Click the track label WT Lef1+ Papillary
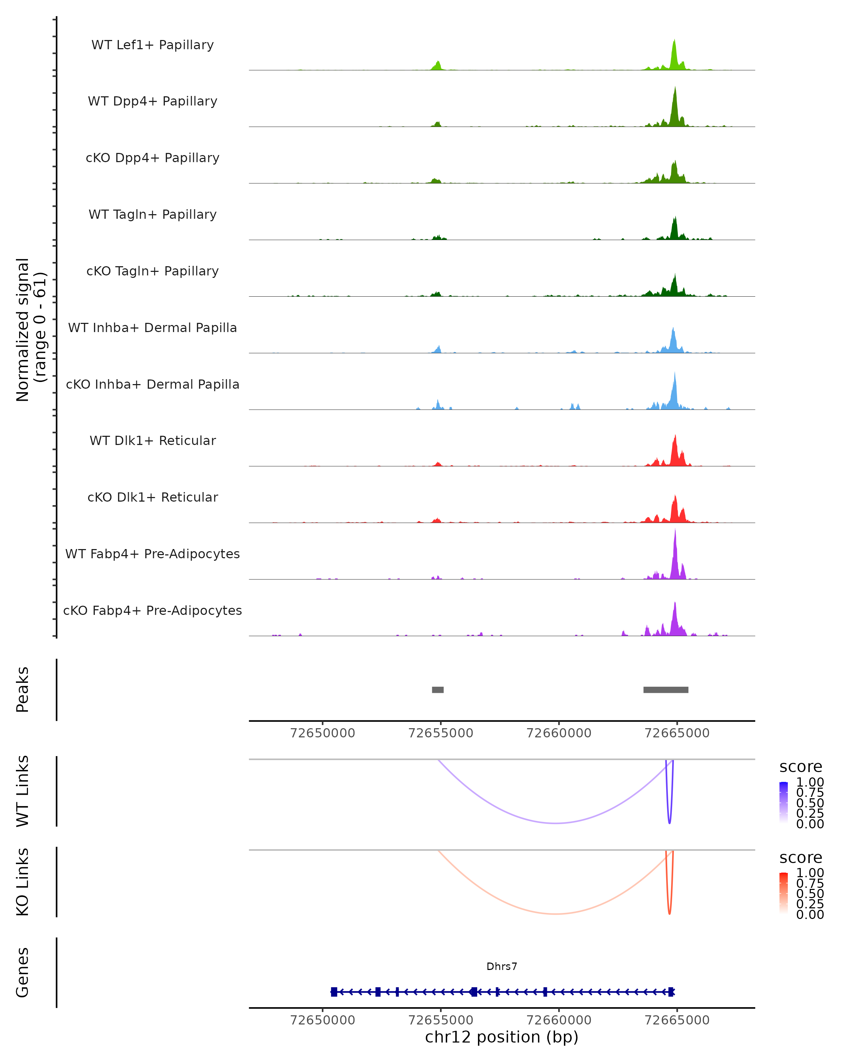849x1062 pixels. [x=152, y=45]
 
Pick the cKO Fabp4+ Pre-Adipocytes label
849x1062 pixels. [x=152, y=610]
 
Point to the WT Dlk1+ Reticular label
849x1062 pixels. [x=152, y=440]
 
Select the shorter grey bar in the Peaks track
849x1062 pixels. [x=438, y=690]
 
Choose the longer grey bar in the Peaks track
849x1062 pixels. [x=665, y=690]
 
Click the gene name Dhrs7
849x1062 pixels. [x=502, y=966]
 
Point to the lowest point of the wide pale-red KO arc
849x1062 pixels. [x=556, y=914]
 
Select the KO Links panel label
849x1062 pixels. [x=23, y=882]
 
